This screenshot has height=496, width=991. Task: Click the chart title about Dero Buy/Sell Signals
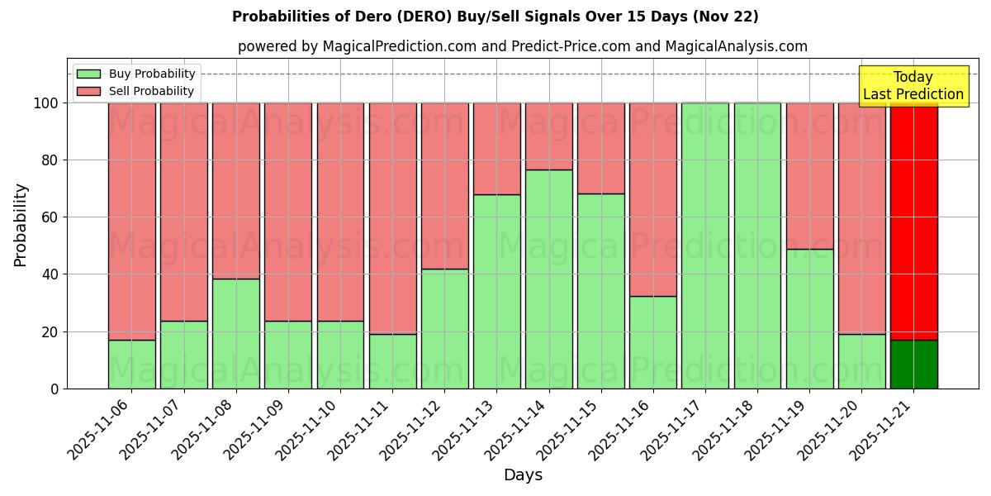coord(495,17)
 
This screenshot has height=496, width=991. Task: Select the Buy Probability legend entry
coord(152,74)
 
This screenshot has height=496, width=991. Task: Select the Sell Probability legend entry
coord(151,91)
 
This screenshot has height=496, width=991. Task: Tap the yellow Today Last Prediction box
coord(913,86)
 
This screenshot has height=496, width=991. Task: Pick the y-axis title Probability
coord(21,224)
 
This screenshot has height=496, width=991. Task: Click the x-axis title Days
coord(523,475)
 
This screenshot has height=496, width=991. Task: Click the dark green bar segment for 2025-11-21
coord(913,364)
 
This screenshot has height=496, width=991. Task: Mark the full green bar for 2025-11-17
coord(705,246)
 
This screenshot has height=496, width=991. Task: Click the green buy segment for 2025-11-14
coord(548,279)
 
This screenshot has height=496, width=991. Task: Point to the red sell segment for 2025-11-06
coord(131,221)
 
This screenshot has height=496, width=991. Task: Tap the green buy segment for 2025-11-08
coord(236,333)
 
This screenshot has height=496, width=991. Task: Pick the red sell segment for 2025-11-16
coord(652,199)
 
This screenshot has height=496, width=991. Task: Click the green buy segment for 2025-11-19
coord(809,318)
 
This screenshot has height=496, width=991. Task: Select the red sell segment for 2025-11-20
coord(861,218)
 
